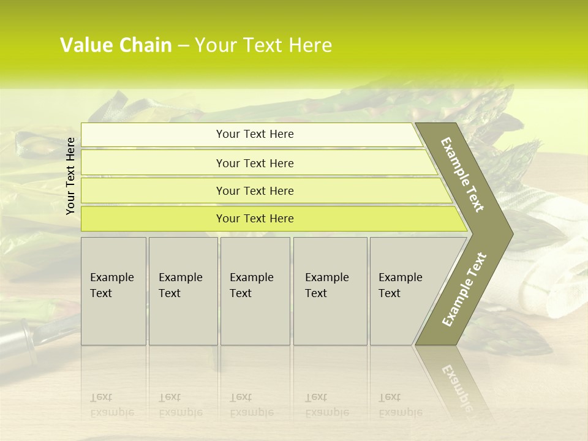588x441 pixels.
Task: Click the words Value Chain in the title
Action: [116, 45]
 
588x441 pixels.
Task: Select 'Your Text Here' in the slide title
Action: [263, 45]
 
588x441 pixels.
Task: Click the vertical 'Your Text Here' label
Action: [71, 176]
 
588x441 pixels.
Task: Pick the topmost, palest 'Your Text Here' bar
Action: [254, 134]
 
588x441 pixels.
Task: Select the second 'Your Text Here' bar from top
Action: [254, 163]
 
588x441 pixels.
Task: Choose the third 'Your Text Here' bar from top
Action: [254, 190]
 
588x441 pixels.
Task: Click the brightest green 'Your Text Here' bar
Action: [254, 219]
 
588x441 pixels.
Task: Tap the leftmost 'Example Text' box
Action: [113, 291]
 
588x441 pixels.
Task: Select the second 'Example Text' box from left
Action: [183, 291]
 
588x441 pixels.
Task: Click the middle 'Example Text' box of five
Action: [255, 291]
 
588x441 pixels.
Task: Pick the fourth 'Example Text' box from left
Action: [330, 291]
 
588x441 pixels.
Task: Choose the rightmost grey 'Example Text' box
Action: [401, 291]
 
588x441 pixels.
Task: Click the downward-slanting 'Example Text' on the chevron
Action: [463, 175]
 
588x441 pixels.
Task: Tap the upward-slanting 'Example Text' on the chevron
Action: [464, 289]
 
